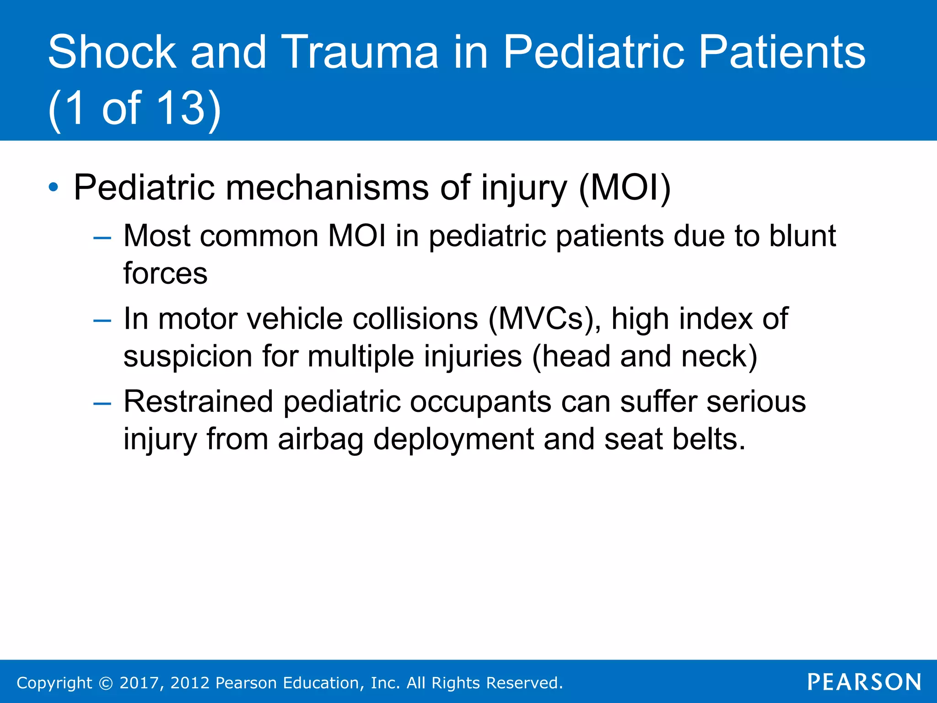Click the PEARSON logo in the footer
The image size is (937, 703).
point(864,682)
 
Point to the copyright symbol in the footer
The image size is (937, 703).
point(106,683)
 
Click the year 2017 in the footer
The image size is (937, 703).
point(139,683)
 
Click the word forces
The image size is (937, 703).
point(165,274)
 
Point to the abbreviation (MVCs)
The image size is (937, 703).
point(544,319)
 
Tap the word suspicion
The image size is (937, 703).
point(188,356)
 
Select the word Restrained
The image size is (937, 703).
point(198,401)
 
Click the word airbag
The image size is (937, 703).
point(320,439)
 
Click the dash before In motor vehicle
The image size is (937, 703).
point(102,320)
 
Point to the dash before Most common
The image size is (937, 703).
point(102,238)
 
